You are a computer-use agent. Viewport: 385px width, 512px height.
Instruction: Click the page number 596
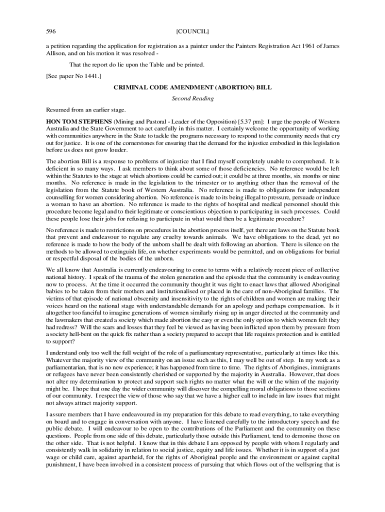pyautogui.click(x=50, y=31)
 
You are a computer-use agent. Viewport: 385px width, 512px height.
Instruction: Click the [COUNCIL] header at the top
pyautogui.click(x=192, y=31)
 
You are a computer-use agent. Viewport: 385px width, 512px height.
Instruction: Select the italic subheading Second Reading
pyautogui.click(x=192, y=98)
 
